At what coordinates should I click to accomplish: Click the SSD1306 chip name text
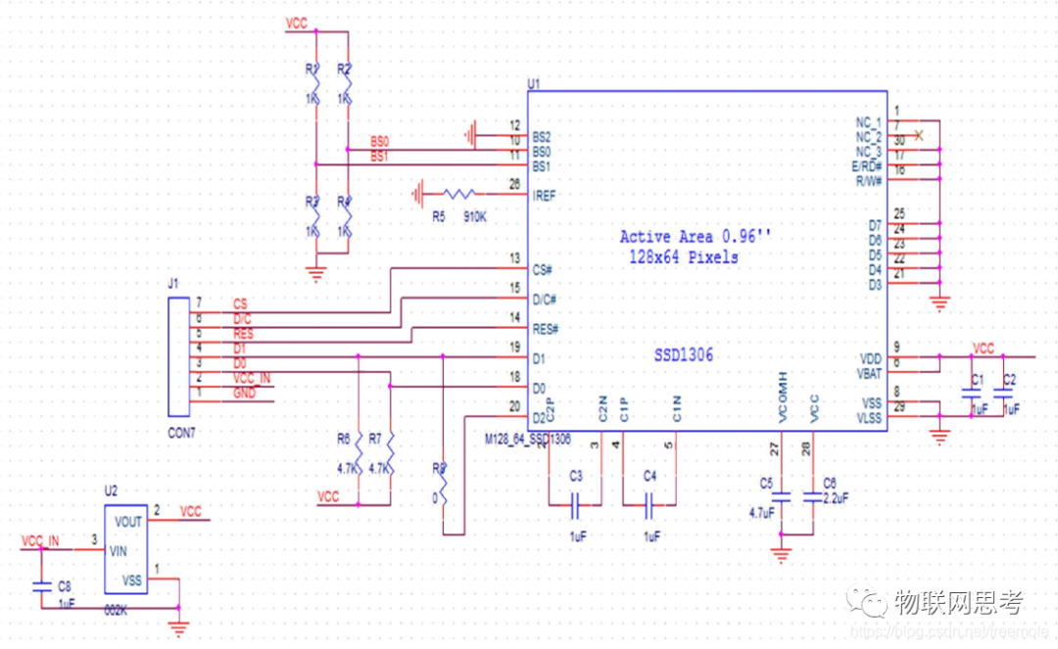click(684, 356)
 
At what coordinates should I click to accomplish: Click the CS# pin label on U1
click(543, 268)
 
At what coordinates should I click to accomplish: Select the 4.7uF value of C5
click(762, 512)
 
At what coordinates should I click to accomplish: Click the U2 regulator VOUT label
click(128, 521)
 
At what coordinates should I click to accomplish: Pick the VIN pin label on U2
click(119, 550)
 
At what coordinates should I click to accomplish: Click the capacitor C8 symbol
click(41, 586)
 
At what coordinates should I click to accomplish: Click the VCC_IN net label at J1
click(252, 378)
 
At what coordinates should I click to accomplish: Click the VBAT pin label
click(868, 372)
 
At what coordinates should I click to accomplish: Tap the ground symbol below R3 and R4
click(315, 273)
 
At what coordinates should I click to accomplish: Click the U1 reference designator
click(534, 84)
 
